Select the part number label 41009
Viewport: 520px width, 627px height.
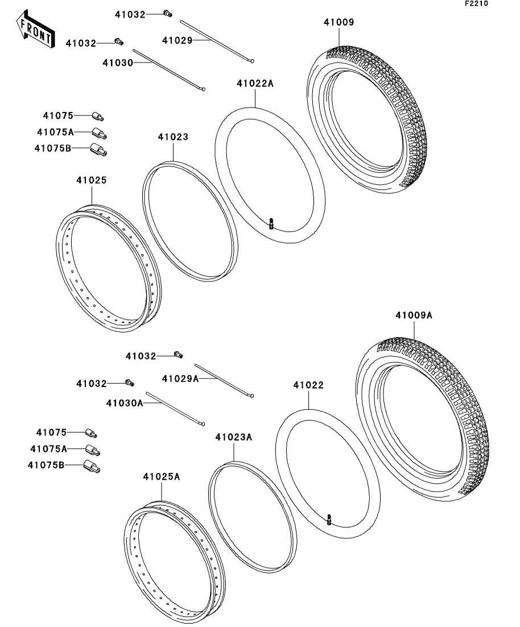pos(339,23)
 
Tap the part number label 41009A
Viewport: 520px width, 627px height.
pos(414,315)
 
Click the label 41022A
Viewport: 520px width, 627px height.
pos(255,84)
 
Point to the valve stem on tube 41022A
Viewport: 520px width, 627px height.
pos(272,223)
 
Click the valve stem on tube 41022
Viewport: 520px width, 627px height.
pos(329,519)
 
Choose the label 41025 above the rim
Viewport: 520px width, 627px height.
pos(92,180)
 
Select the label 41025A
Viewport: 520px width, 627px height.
pos(161,476)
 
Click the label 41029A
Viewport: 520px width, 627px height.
pos(180,379)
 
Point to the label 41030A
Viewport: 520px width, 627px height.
pos(123,403)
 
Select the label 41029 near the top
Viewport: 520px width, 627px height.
pos(177,40)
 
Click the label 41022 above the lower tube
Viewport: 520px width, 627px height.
pos(308,385)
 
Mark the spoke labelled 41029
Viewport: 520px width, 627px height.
pos(216,41)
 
